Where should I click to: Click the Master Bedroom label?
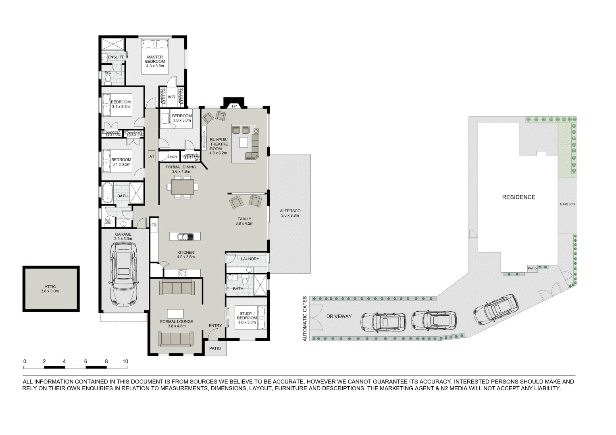[155, 61]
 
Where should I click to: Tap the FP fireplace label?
[234, 106]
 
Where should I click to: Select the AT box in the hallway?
[152, 156]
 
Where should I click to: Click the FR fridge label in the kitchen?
[154, 225]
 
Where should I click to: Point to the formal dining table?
[183, 187]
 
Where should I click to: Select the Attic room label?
[50, 288]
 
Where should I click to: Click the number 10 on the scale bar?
[125, 361]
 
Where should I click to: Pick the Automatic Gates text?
[305, 319]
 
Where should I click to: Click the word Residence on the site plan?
[518, 197]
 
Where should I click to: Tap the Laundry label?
[250, 259]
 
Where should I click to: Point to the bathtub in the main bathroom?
[108, 193]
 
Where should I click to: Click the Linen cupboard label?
[173, 157]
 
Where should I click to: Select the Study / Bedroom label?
[247, 315]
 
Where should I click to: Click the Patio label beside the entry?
[215, 348]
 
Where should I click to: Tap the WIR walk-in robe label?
[171, 97]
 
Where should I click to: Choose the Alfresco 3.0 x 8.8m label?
[290, 213]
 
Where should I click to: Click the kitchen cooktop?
[182, 273]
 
